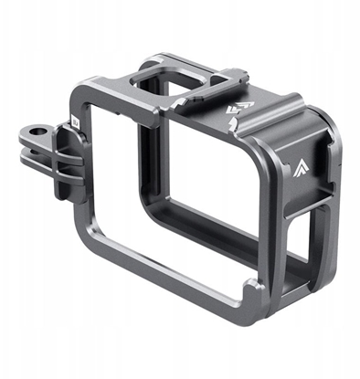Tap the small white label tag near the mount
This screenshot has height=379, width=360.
tap(74, 119)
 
